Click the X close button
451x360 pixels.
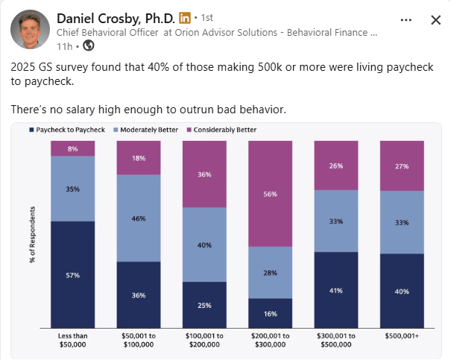435,20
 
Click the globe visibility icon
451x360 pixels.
89,46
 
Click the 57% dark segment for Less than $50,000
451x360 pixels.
72,274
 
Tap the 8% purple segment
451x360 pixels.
72,148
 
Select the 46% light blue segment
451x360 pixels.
139,218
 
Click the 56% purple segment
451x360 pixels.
270,194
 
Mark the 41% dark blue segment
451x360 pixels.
336,289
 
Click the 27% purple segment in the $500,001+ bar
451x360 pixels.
402,165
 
